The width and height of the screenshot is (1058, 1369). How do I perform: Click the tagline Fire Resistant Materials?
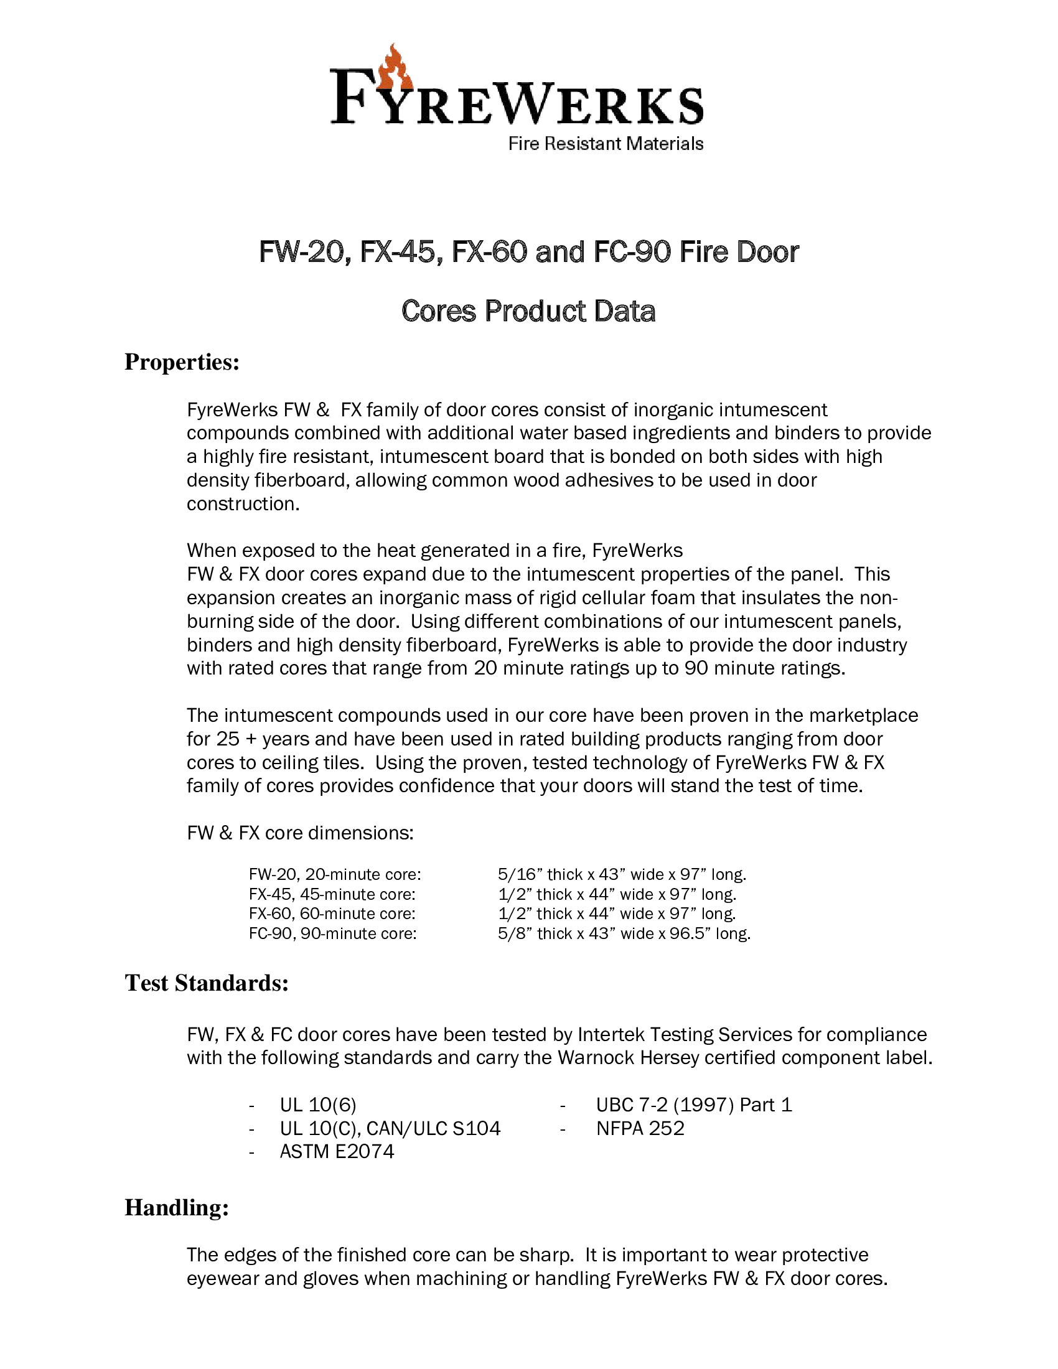[606, 144]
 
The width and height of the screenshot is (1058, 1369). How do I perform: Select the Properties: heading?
[182, 362]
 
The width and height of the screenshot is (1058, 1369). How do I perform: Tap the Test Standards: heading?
[206, 983]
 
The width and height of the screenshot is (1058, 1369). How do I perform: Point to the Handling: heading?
[177, 1207]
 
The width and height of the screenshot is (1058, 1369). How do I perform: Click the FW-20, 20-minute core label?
[335, 874]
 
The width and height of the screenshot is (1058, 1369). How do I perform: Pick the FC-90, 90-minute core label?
[332, 933]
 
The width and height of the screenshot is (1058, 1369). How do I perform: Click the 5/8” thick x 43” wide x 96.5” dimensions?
[624, 933]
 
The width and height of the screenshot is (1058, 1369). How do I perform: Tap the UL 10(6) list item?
[318, 1105]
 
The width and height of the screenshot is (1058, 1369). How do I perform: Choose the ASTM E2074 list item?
[337, 1151]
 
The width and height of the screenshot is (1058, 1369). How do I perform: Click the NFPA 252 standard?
[640, 1128]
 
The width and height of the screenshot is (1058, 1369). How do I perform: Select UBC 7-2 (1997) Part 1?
[694, 1105]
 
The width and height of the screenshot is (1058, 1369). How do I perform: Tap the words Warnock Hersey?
[628, 1057]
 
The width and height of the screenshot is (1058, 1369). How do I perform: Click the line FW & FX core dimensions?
[300, 833]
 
